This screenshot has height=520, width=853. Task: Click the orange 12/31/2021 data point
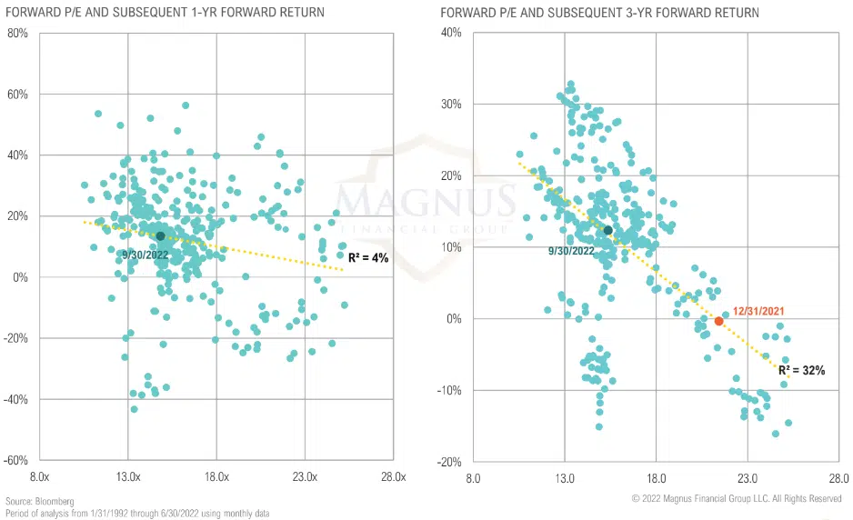pyautogui.click(x=718, y=322)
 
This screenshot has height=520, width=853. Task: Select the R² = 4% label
pyautogui.click(x=368, y=258)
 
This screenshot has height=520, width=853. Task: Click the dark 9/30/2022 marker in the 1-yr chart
pyautogui.click(x=160, y=236)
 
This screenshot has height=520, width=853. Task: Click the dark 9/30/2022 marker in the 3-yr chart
pyautogui.click(x=608, y=231)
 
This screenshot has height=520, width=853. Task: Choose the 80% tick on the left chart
pyautogui.click(x=15, y=34)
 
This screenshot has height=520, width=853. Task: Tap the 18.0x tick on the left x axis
pyautogui.click(x=216, y=477)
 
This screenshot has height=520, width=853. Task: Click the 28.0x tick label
pyautogui.click(x=393, y=477)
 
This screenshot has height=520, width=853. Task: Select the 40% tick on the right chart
pyautogui.click(x=450, y=33)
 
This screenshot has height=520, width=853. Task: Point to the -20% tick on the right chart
pyautogui.click(x=447, y=463)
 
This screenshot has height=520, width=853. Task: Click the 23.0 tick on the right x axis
pyautogui.click(x=748, y=477)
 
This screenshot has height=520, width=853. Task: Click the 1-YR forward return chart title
pyautogui.click(x=166, y=13)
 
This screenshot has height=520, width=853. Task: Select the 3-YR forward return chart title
pyautogui.click(x=599, y=13)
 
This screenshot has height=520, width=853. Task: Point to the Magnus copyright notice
pyautogui.click(x=736, y=499)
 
